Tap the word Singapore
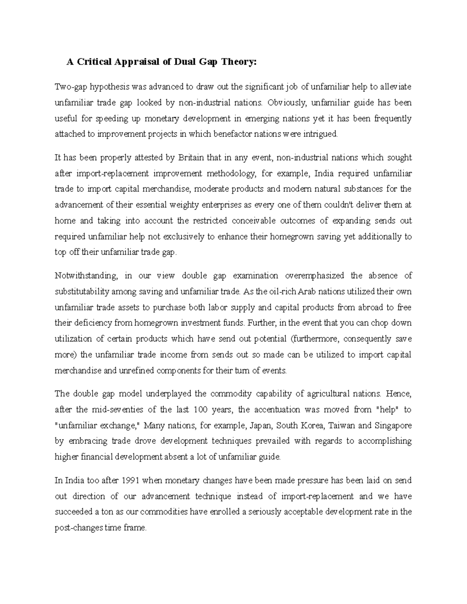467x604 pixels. (393, 425)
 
